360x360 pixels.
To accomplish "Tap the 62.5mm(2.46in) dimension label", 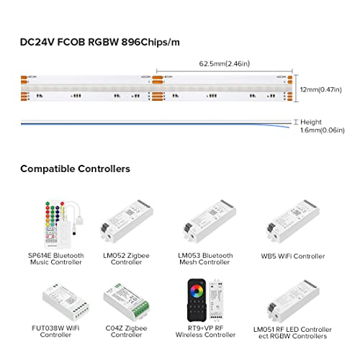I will click(x=225, y=63).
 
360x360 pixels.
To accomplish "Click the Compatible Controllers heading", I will click(x=75, y=169).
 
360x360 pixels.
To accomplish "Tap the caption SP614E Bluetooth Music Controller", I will click(x=55, y=258).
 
